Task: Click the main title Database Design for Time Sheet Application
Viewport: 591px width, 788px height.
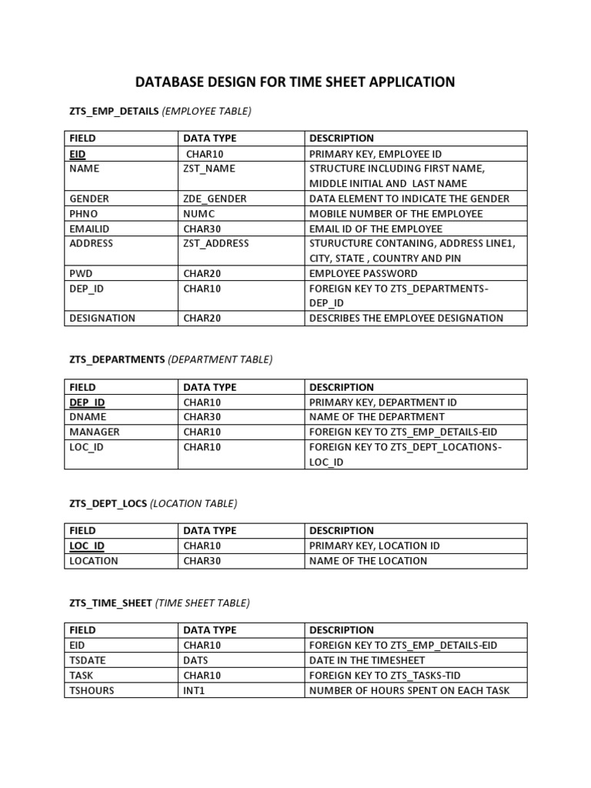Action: pyautogui.click(x=295, y=82)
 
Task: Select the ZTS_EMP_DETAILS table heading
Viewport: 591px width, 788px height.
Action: pyautogui.click(x=115, y=112)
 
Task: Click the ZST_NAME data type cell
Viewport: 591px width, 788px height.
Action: pyautogui.click(x=209, y=169)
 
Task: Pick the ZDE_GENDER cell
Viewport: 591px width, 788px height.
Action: pyautogui.click(x=215, y=199)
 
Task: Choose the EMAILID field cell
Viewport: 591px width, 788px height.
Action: pyautogui.click(x=90, y=229)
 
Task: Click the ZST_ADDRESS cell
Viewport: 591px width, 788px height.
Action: pyautogui.click(x=216, y=243)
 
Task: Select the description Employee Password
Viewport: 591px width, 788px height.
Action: pyautogui.click(x=363, y=273)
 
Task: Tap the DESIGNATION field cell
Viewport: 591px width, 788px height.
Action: pyautogui.click(x=102, y=318)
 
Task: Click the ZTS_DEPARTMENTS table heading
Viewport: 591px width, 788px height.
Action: pyautogui.click(x=118, y=360)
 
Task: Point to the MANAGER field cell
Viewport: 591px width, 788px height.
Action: pyautogui.click(x=95, y=432)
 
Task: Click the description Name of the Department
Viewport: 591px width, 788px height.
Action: pyautogui.click(x=368, y=417)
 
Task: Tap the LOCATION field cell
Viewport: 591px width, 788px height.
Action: pyautogui.click(x=94, y=560)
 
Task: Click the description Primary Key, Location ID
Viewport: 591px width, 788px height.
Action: pyautogui.click(x=374, y=546)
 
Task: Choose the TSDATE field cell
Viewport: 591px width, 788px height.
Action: pyautogui.click(x=88, y=659)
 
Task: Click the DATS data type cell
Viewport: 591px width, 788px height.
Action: pyautogui.click(x=196, y=659)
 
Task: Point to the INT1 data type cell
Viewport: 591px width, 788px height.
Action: pyautogui.click(x=195, y=689)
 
